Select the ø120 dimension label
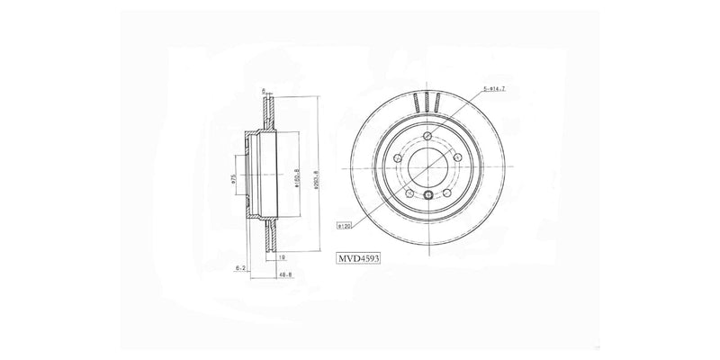point(344,227)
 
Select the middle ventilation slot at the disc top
point(429,103)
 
